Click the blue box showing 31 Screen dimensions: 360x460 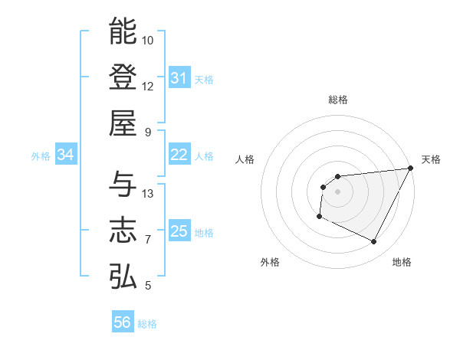point(179,78)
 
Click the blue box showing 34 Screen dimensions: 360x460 point(66,155)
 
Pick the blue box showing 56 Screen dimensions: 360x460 point(123,323)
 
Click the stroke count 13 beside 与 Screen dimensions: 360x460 point(148,194)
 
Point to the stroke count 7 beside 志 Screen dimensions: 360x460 point(148,240)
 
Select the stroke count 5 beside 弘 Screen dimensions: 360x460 point(148,286)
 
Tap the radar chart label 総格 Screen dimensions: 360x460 point(337,100)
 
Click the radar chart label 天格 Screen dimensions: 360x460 point(431,159)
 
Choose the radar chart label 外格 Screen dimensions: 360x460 point(270,263)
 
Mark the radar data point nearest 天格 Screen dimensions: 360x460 point(411,168)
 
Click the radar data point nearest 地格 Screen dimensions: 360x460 point(374,242)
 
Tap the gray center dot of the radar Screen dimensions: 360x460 point(337,191)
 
